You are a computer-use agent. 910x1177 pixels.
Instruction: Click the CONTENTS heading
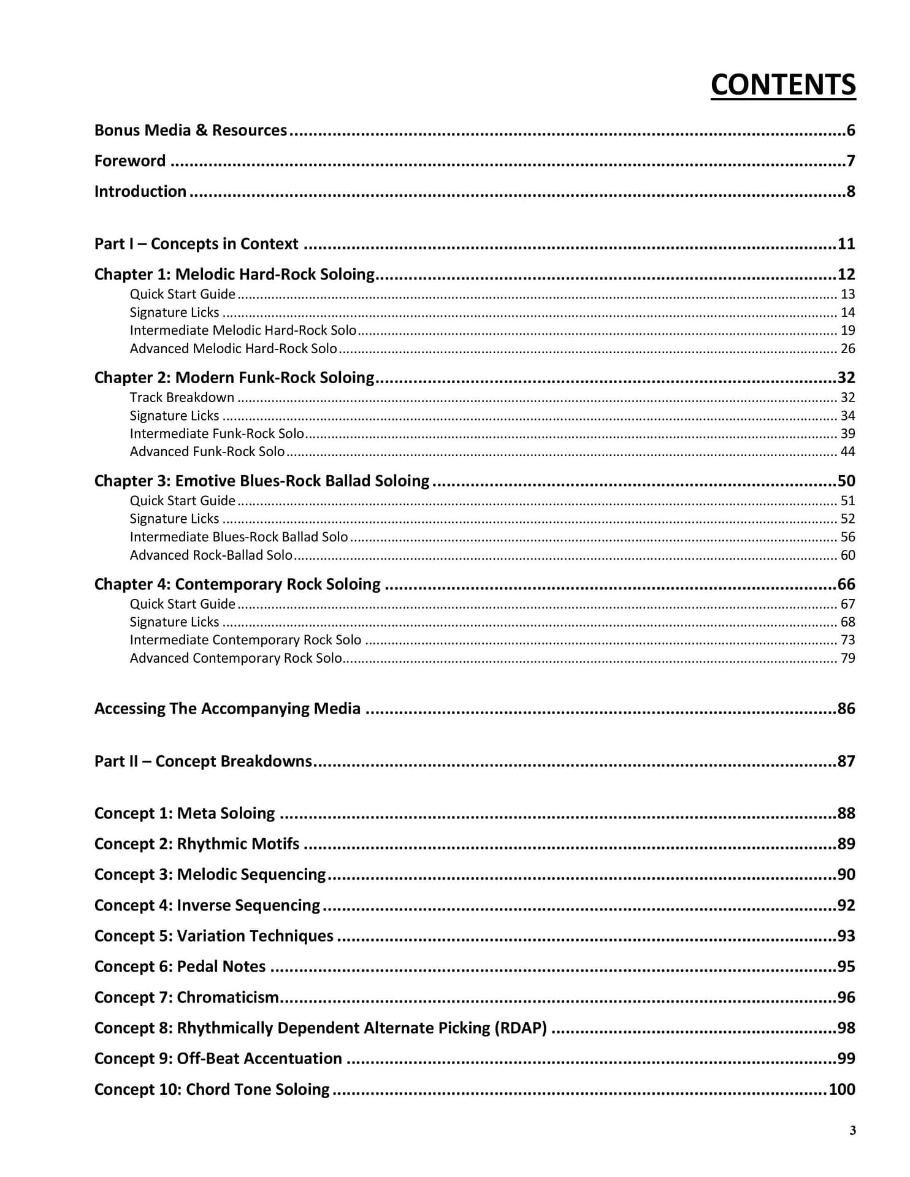click(x=782, y=85)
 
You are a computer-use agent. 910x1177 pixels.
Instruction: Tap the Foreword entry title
click(x=130, y=161)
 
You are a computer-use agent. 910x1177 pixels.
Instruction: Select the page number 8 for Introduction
click(x=851, y=191)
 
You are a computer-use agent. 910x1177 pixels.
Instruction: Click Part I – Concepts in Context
click(x=196, y=243)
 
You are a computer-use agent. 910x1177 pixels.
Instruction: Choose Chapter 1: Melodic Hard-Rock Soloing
click(x=234, y=274)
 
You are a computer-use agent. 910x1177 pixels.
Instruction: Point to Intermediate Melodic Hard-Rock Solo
click(x=243, y=330)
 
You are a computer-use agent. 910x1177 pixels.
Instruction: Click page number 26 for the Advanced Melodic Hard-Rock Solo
click(x=847, y=349)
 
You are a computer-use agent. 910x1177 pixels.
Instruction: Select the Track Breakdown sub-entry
click(x=182, y=397)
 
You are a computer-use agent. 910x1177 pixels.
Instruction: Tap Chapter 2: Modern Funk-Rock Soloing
click(x=234, y=378)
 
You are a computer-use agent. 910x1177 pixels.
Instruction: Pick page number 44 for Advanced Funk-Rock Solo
click(x=847, y=452)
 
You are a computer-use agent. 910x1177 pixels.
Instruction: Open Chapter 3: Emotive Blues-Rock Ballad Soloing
click(x=262, y=481)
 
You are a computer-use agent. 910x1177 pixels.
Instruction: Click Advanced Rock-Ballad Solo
click(x=211, y=555)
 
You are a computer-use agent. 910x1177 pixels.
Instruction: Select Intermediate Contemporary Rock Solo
click(x=245, y=640)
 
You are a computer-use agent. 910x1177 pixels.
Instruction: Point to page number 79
click(x=847, y=658)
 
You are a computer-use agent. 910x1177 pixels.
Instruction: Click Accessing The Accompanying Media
click(x=227, y=709)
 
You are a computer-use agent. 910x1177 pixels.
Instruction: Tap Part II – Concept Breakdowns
click(x=203, y=761)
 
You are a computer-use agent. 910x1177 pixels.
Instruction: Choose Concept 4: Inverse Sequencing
click(x=207, y=905)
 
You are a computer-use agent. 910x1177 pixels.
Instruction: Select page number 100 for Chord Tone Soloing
click(x=841, y=1089)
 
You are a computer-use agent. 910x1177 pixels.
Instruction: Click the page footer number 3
click(x=852, y=1131)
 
